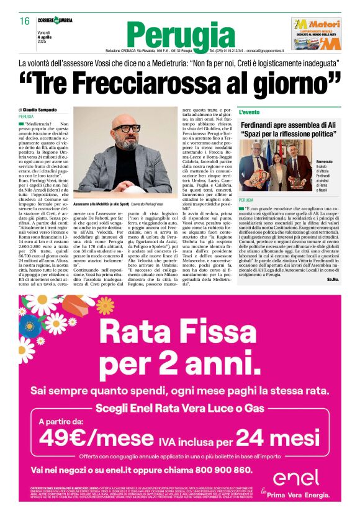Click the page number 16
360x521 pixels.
[25, 21]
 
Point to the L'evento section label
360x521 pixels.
[250, 112]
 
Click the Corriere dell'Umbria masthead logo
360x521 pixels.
[55, 20]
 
